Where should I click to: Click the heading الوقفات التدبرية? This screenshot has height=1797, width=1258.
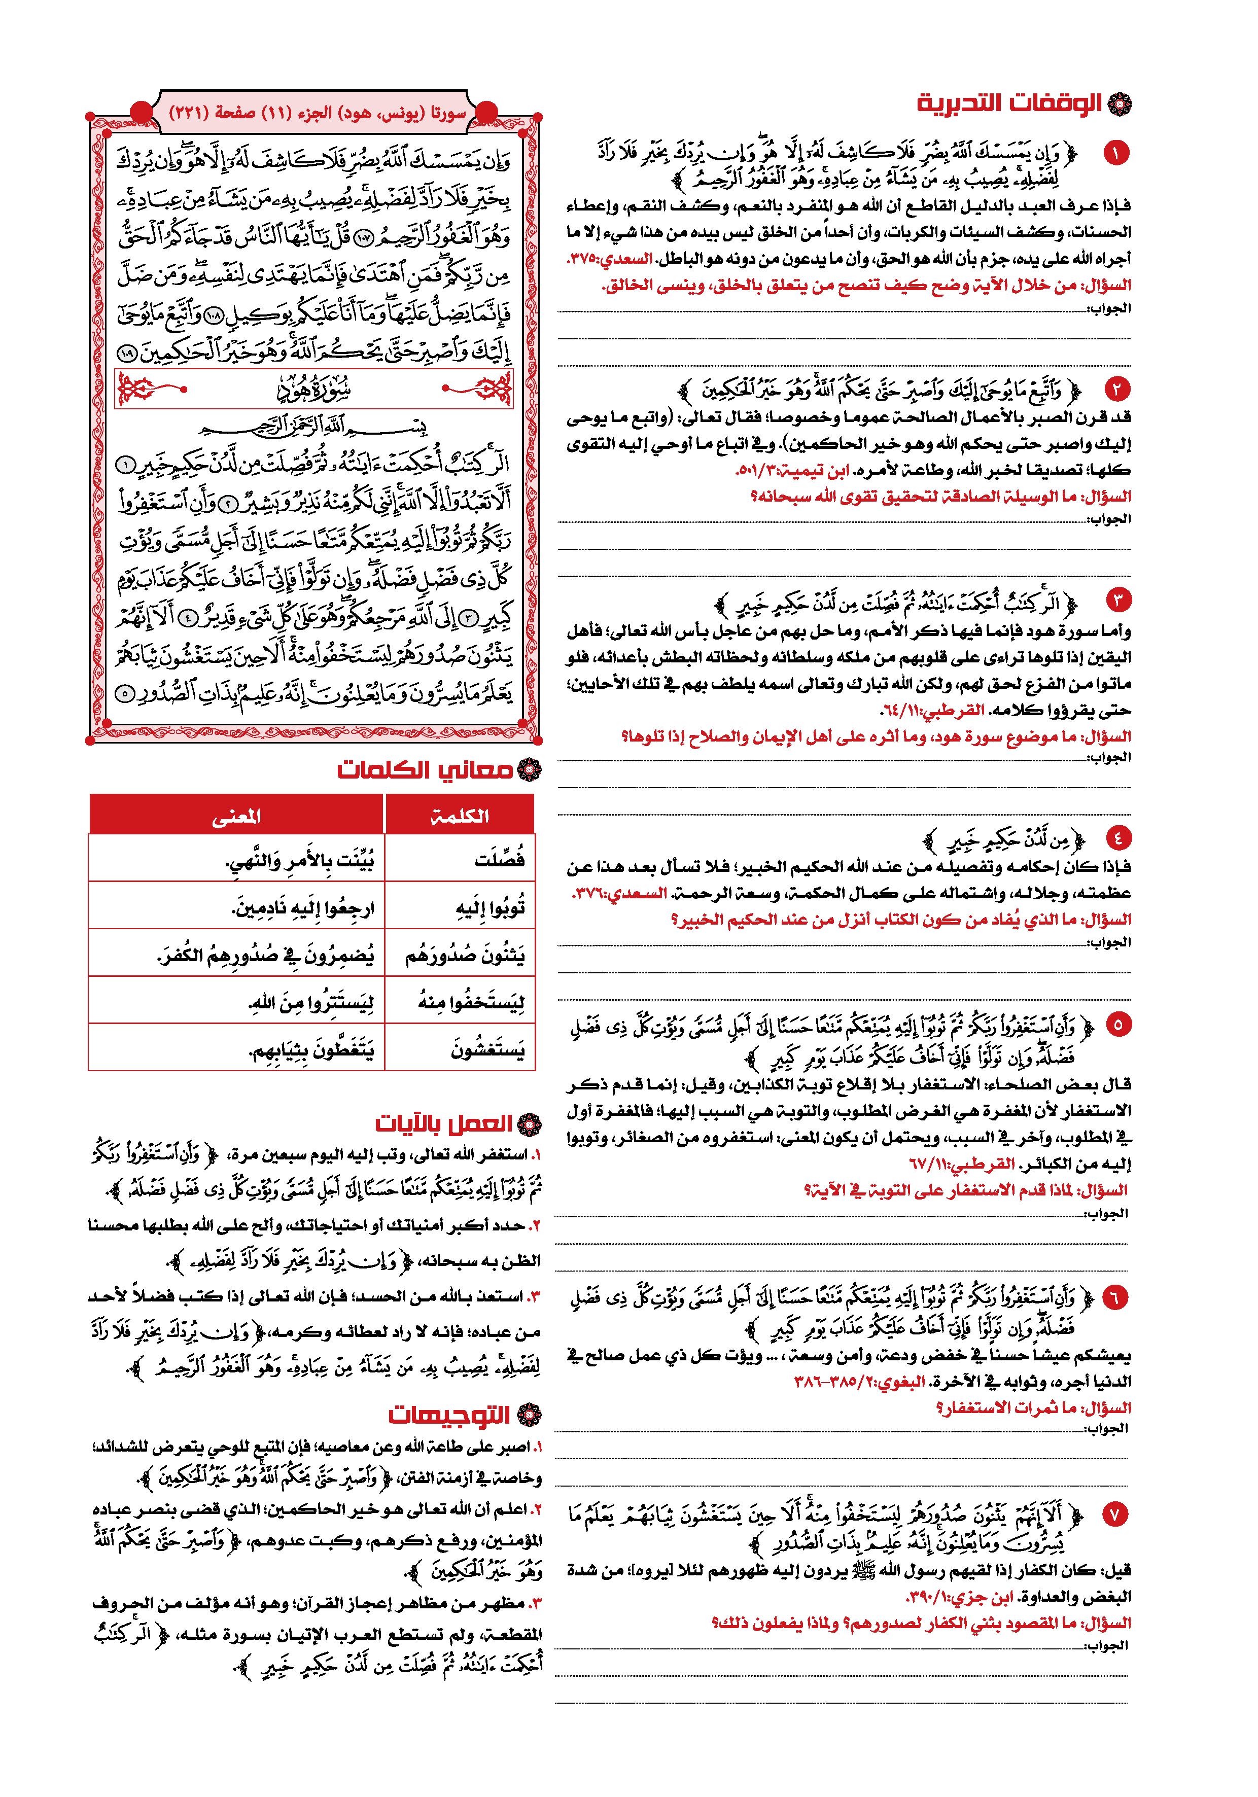point(1010,103)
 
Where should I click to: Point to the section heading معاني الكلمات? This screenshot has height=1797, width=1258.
point(427,770)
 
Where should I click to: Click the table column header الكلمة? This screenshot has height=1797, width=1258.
point(460,816)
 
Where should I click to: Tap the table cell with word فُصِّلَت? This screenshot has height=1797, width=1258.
point(500,859)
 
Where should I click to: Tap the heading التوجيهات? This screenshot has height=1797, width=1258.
point(450,1415)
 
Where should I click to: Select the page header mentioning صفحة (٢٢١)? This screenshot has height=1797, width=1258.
point(317,113)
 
